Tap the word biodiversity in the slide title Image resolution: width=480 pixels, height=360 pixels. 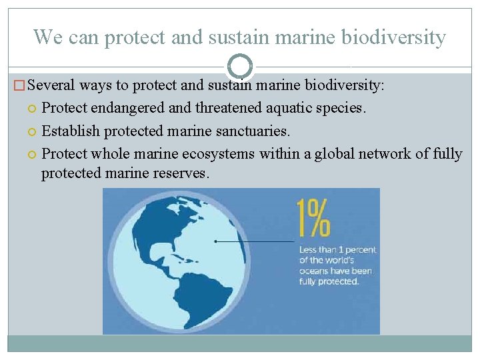pyautogui.click(x=393, y=37)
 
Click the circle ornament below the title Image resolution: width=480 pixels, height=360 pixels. pyautogui.click(x=240, y=66)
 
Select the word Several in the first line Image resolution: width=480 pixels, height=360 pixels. pyautogui.click(x=53, y=86)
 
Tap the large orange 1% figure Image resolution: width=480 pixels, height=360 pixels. pyautogui.click(x=313, y=218)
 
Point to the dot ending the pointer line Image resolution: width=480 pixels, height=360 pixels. pyautogui.click(x=216, y=241)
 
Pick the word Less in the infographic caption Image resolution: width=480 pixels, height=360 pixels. pyautogui.click(x=308, y=250)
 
